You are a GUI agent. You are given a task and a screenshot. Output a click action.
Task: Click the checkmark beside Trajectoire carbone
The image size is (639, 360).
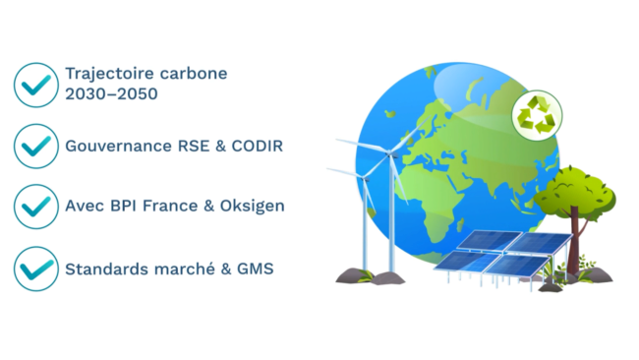click(36, 85)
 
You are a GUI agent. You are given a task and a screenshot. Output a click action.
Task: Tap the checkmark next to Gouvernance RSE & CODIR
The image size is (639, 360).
click(36, 146)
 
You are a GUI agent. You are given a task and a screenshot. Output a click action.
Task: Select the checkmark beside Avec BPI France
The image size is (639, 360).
click(36, 207)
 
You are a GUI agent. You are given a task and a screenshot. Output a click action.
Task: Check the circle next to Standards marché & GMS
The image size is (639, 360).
click(36, 268)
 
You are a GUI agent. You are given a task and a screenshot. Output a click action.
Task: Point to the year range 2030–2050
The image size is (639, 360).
click(109, 95)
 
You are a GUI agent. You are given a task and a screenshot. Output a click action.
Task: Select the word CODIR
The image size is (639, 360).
click(259, 146)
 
